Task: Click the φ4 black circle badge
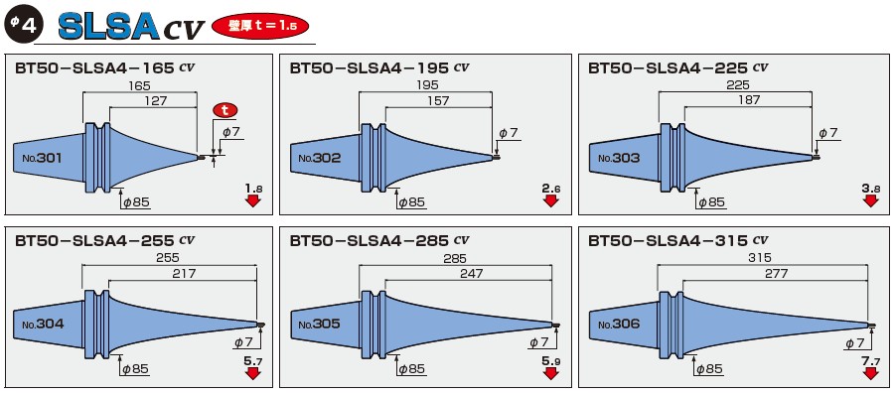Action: click(x=23, y=25)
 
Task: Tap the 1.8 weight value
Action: click(x=252, y=187)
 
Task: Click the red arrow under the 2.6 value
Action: click(x=551, y=200)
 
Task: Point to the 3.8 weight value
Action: click(x=870, y=187)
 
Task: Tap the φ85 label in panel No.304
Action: click(x=134, y=369)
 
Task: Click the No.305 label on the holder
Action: click(x=319, y=324)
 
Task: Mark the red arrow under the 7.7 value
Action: click(x=871, y=373)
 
